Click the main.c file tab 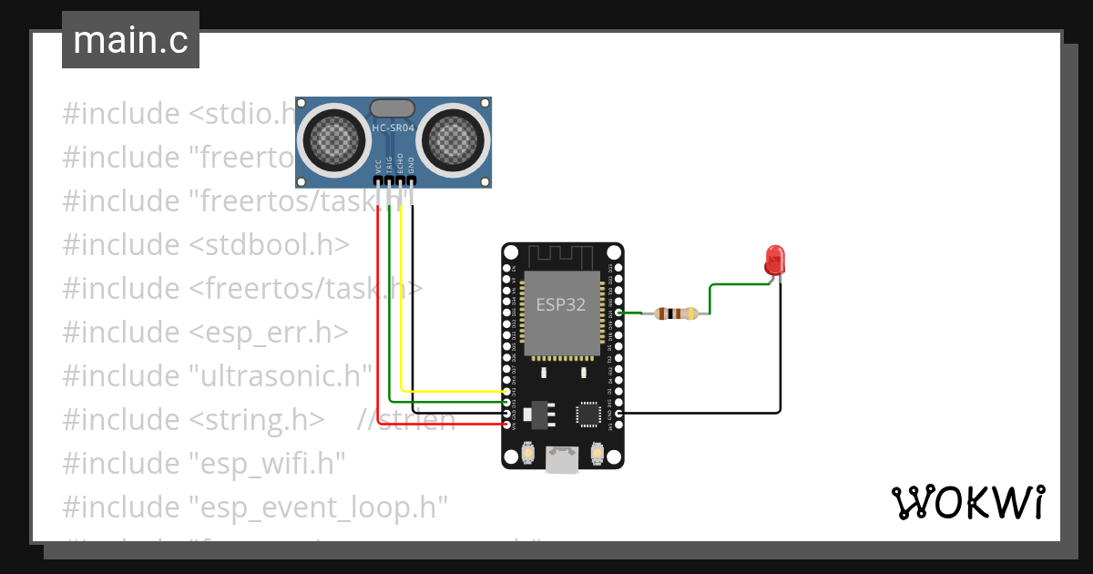coord(130,41)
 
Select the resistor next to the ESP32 coord(675,313)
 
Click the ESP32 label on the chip coord(561,304)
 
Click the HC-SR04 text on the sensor coord(393,128)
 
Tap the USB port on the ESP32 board coord(562,459)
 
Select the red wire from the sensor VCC coord(378,319)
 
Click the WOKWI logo coord(967,502)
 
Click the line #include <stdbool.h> coord(206,245)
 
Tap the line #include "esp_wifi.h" coord(204,463)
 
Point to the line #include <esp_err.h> coord(205,332)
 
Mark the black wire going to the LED coord(780,364)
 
